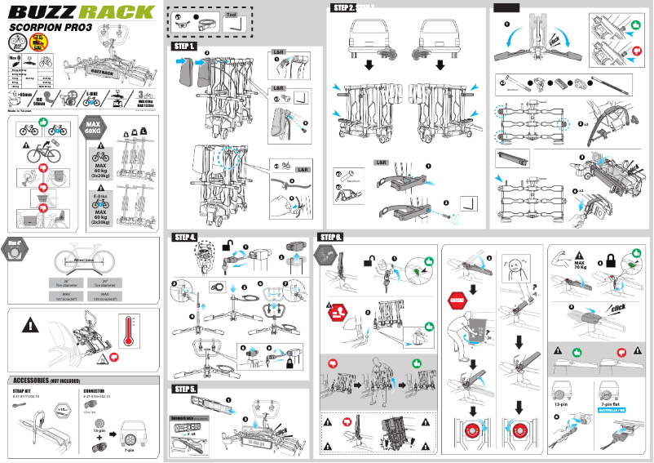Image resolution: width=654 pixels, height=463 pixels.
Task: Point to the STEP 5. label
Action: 183,390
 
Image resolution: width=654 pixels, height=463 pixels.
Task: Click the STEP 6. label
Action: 329,238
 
